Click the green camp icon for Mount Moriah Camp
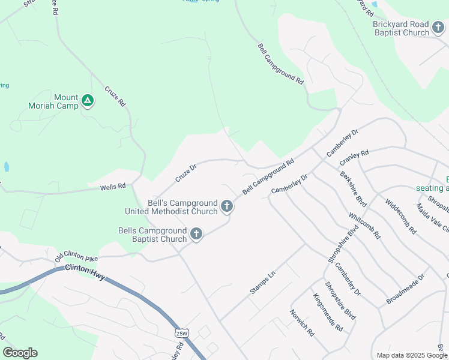88,100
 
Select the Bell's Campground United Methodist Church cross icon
227,206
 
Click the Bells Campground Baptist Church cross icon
196,234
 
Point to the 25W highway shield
182,332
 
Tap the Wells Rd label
113,187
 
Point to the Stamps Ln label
262,283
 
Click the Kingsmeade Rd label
327,312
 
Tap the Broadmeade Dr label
405,289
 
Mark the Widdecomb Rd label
401,216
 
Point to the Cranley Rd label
354,158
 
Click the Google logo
20,353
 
